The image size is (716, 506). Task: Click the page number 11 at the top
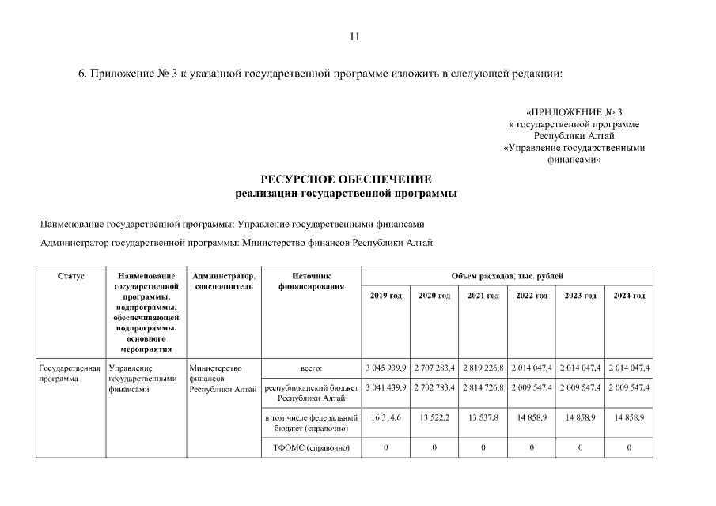354,36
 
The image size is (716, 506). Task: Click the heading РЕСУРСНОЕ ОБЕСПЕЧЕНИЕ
347,179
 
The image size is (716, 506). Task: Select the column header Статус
71,276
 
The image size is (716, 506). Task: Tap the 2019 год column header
385,296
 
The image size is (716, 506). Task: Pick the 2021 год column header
483,296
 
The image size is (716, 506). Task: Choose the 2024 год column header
629,296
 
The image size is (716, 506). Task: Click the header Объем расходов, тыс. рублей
507,276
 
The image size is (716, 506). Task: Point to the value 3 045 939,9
385,368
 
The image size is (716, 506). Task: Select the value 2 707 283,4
434,368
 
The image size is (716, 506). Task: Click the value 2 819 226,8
483,368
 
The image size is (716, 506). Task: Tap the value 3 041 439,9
385,388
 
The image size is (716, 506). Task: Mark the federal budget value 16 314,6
385,417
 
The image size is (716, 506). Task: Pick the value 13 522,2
434,417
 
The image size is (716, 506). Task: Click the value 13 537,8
483,417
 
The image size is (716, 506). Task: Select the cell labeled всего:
311,368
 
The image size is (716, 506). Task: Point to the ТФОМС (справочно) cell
311,448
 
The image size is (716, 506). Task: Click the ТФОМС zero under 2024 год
629,448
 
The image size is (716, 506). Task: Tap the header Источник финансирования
311,281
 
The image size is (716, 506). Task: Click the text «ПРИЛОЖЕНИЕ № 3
574,112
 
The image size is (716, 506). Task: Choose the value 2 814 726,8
483,388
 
